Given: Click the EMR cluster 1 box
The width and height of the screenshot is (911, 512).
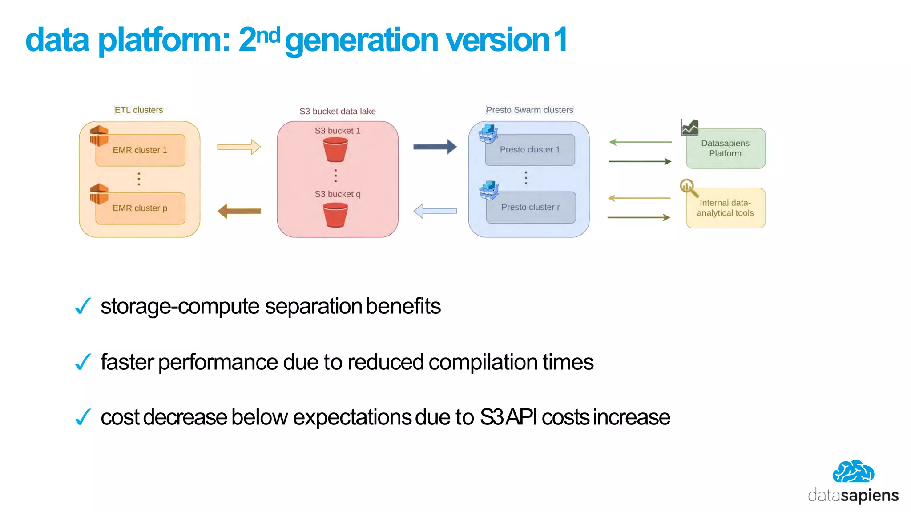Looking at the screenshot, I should [140, 150].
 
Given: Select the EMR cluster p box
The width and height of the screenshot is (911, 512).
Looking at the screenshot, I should [140, 208].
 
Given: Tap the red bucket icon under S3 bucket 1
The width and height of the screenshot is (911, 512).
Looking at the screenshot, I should [335, 149].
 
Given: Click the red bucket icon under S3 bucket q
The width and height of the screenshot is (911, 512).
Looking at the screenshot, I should [335, 215].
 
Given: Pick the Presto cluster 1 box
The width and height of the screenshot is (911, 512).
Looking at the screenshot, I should [530, 150].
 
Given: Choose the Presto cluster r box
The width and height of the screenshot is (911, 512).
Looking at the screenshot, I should [530, 207].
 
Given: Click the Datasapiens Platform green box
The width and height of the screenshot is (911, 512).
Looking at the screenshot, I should [725, 148].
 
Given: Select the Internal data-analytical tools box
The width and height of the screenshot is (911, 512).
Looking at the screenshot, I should [725, 208].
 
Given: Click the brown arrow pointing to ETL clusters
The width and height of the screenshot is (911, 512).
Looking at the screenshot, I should [239, 211].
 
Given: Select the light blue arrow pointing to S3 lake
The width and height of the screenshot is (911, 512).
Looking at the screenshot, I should [435, 211].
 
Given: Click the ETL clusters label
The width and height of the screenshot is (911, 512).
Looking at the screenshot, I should [139, 110].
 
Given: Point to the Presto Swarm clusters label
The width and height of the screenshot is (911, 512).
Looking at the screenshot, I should [529, 110].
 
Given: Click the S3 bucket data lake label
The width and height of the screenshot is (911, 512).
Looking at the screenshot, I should [337, 111].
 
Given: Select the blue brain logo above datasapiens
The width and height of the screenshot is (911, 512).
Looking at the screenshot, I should [853, 472].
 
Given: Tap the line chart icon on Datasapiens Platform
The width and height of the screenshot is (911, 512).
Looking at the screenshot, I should [689, 128].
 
